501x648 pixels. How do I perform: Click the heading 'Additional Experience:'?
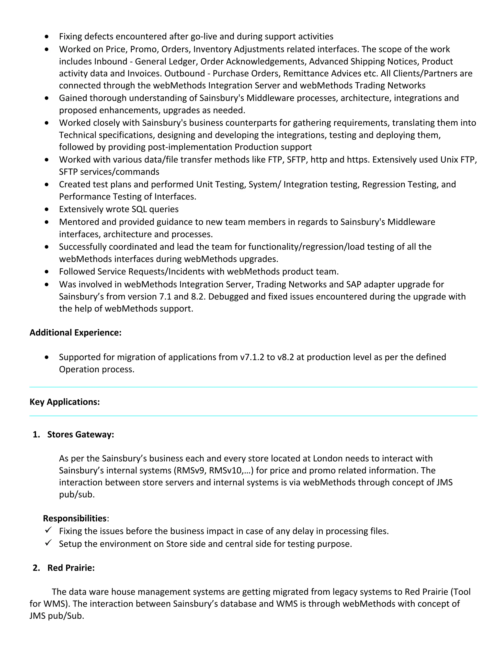[75, 333]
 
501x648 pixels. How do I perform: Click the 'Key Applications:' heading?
[64, 402]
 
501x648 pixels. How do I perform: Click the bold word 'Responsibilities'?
[75, 518]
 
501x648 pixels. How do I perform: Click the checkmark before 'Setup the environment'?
[48, 543]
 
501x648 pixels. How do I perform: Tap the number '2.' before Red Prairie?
[36, 568]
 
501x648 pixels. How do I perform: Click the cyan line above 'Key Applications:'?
[253, 387]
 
